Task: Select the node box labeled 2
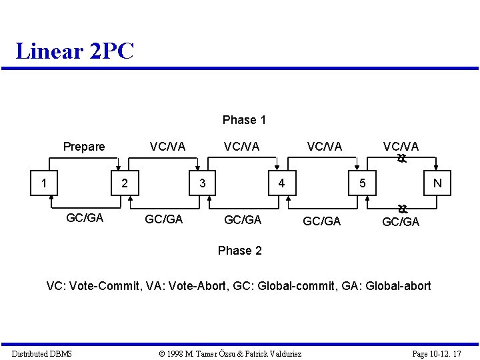pos(123,183)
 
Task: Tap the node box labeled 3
pos(202,183)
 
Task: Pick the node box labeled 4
pos(281,183)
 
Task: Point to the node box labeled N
pos(437,183)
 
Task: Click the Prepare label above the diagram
pos(84,147)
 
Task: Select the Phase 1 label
pos(244,120)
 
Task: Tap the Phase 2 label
pos(239,251)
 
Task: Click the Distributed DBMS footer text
pos(42,353)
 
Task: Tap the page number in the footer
pos(437,353)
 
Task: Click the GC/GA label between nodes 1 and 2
pos(85,217)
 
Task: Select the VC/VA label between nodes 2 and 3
pos(167,147)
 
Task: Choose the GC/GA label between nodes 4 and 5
pos(321,221)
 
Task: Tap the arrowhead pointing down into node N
pos(437,169)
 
